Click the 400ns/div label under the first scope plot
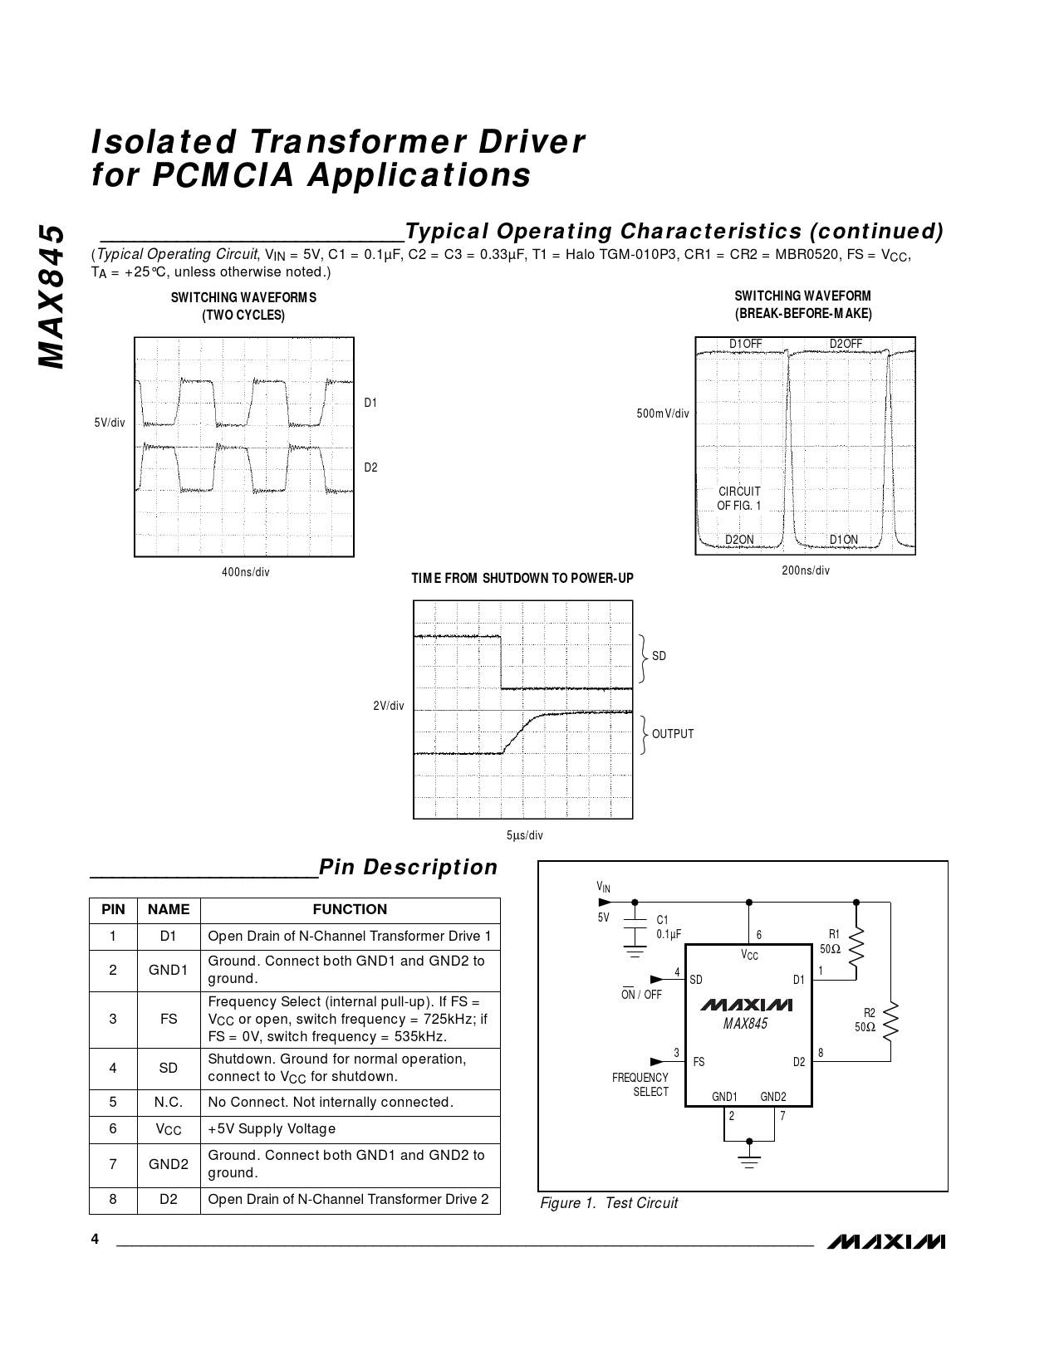point(245,572)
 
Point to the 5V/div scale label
point(110,423)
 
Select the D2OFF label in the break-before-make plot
point(846,344)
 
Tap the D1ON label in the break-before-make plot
point(844,540)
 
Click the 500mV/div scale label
point(663,413)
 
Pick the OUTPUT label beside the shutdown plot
point(672,734)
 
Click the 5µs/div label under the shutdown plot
point(524,835)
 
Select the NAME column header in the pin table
point(169,909)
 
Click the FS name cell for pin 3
point(169,1019)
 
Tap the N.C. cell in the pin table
point(169,1103)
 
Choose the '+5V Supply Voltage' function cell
point(272,1129)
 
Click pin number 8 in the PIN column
point(113,1199)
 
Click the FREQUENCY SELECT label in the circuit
point(640,1084)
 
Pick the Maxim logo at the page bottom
point(886,1242)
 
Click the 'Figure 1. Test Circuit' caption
point(609,1203)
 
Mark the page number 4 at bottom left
point(96,1240)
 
